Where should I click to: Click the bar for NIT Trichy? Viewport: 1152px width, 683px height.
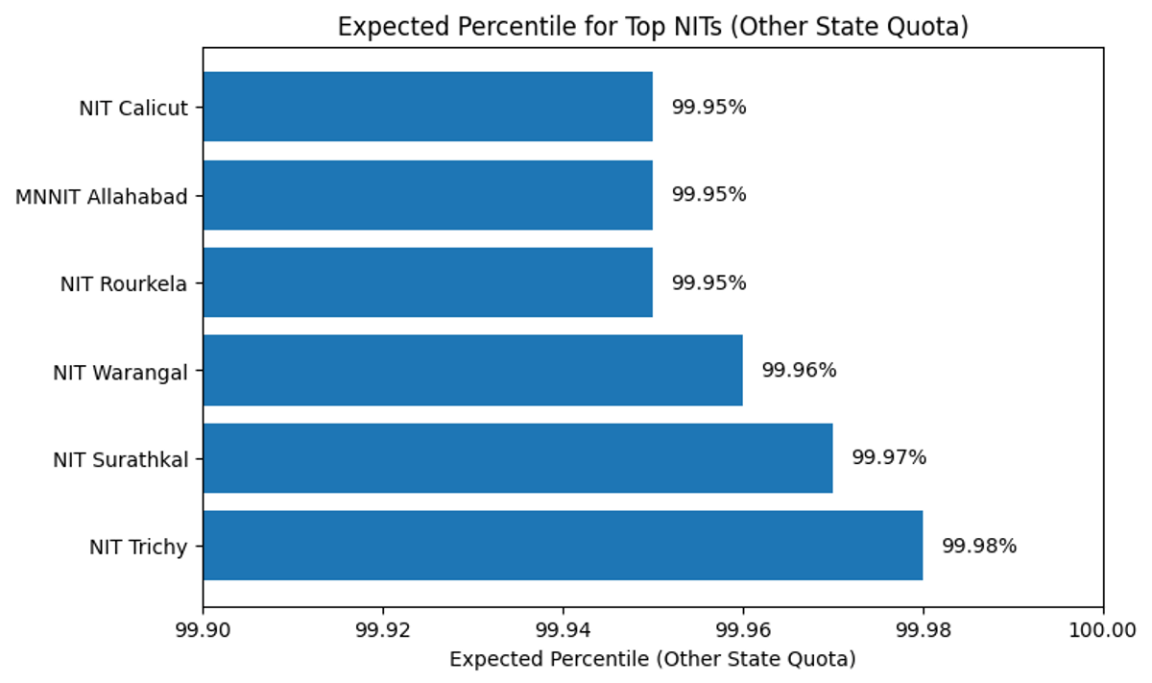pyautogui.click(x=562, y=546)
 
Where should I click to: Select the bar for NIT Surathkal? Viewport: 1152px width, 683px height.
pyautogui.click(x=516, y=458)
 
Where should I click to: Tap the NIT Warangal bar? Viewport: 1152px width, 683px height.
pyautogui.click(x=472, y=370)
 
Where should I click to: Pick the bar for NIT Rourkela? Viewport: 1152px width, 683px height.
pyautogui.click(x=427, y=282)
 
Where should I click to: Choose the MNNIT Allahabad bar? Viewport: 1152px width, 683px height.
pyautogui.click(x=427, y=195)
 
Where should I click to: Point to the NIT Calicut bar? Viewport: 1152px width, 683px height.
pyautogui.click(x=427, y=107)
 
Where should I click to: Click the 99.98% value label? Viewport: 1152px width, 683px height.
pyautogui.click(x=978, y=546)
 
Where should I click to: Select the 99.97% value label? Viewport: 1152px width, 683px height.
pyautogui.click(x=889, y=458)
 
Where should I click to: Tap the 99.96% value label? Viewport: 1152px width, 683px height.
pyautogui.click(x=799, y=370)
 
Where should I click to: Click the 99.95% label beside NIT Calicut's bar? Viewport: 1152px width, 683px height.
pyautogui.click(x=708, y=107)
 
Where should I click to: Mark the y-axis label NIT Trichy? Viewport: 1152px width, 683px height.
pyautogui.click(x=138, y=547)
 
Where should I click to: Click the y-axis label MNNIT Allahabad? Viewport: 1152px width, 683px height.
pyautogui.click(x=102, y=196)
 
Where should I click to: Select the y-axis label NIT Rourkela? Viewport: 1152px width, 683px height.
pyautogui.click(x=124, y=283)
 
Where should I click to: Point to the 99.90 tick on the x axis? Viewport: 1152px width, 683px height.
pyautogui.click(x=203, y=630)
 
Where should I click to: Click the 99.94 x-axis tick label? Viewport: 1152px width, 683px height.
pyautogui.click(x=563, y=630)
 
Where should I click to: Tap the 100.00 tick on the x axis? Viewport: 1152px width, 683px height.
pyautogui.click(x=1102, y=630)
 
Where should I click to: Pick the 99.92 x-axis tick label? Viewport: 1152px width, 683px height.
pyautogui.click(x=383, y=630)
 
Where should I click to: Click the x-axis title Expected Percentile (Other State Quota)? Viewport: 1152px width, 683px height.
pyautogui.click(x=652, y=660)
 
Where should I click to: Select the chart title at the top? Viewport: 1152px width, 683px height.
pyautogui.click(x=653, y=27)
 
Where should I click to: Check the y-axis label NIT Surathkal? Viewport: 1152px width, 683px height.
pyautogui.click(x=120, y=459)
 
